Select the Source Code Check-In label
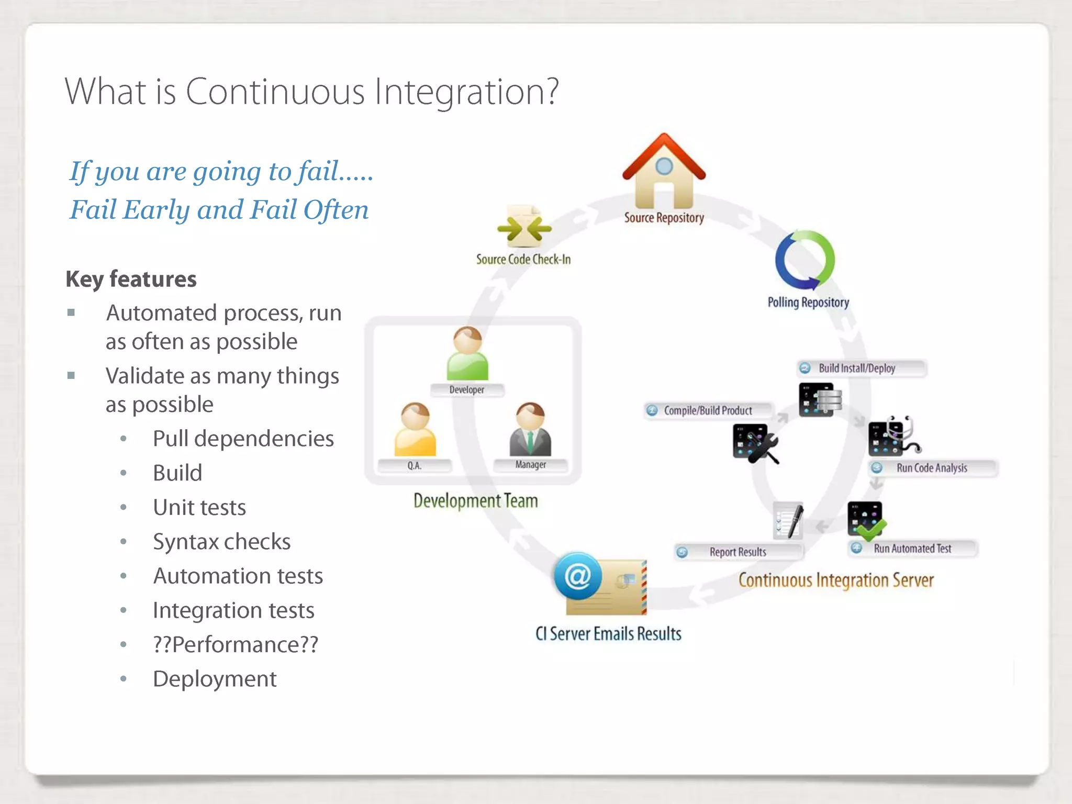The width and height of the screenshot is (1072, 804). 523,259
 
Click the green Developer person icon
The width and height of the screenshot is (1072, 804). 467,354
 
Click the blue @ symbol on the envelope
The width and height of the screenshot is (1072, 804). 578,576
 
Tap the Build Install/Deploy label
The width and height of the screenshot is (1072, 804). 856,368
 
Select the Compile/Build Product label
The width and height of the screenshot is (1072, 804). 707,410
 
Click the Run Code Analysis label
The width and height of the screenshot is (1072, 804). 931,468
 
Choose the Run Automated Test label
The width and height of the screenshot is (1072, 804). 912,549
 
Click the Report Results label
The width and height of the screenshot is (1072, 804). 737,552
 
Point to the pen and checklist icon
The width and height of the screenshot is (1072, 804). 789,521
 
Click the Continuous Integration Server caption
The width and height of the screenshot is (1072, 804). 835,580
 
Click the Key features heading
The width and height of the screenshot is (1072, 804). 131,279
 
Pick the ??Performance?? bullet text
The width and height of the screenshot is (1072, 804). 235,644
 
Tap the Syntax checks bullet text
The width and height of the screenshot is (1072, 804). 221,542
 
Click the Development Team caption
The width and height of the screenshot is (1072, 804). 475,501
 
